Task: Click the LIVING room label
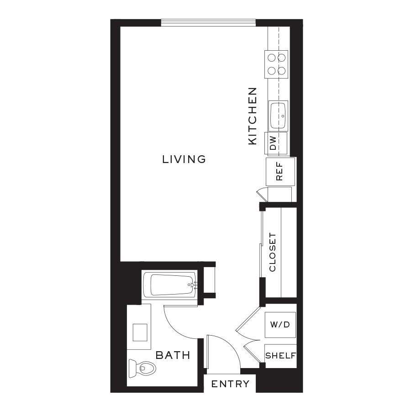click(184, 159)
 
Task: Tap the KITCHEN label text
click(253, 116)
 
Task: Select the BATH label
click(173, 355)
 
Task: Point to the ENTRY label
click(230, 384)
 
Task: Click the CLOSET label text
click(273, 253)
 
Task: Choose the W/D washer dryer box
click(280, 325)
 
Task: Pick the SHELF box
click(280, 356)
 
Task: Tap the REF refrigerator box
click(280, 171)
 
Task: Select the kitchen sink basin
click(278, 115)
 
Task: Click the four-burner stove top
click(277, 64)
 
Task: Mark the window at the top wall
click(208, 22)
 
